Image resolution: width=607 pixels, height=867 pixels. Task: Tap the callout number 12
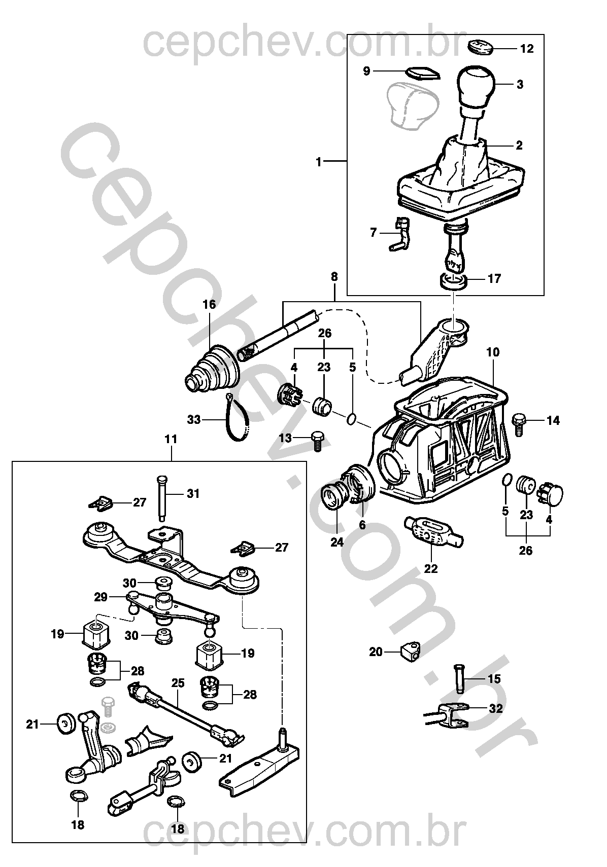(527, 49)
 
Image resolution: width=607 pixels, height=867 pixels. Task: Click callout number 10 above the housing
(492, 352)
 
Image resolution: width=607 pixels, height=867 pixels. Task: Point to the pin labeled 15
(460, 677)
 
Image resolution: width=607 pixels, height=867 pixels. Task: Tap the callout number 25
(177, 682)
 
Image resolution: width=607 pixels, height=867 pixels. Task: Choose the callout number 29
(100, 597)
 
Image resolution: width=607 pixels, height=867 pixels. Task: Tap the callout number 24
(337, 542)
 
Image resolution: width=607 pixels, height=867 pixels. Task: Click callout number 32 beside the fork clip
(495, 708)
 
